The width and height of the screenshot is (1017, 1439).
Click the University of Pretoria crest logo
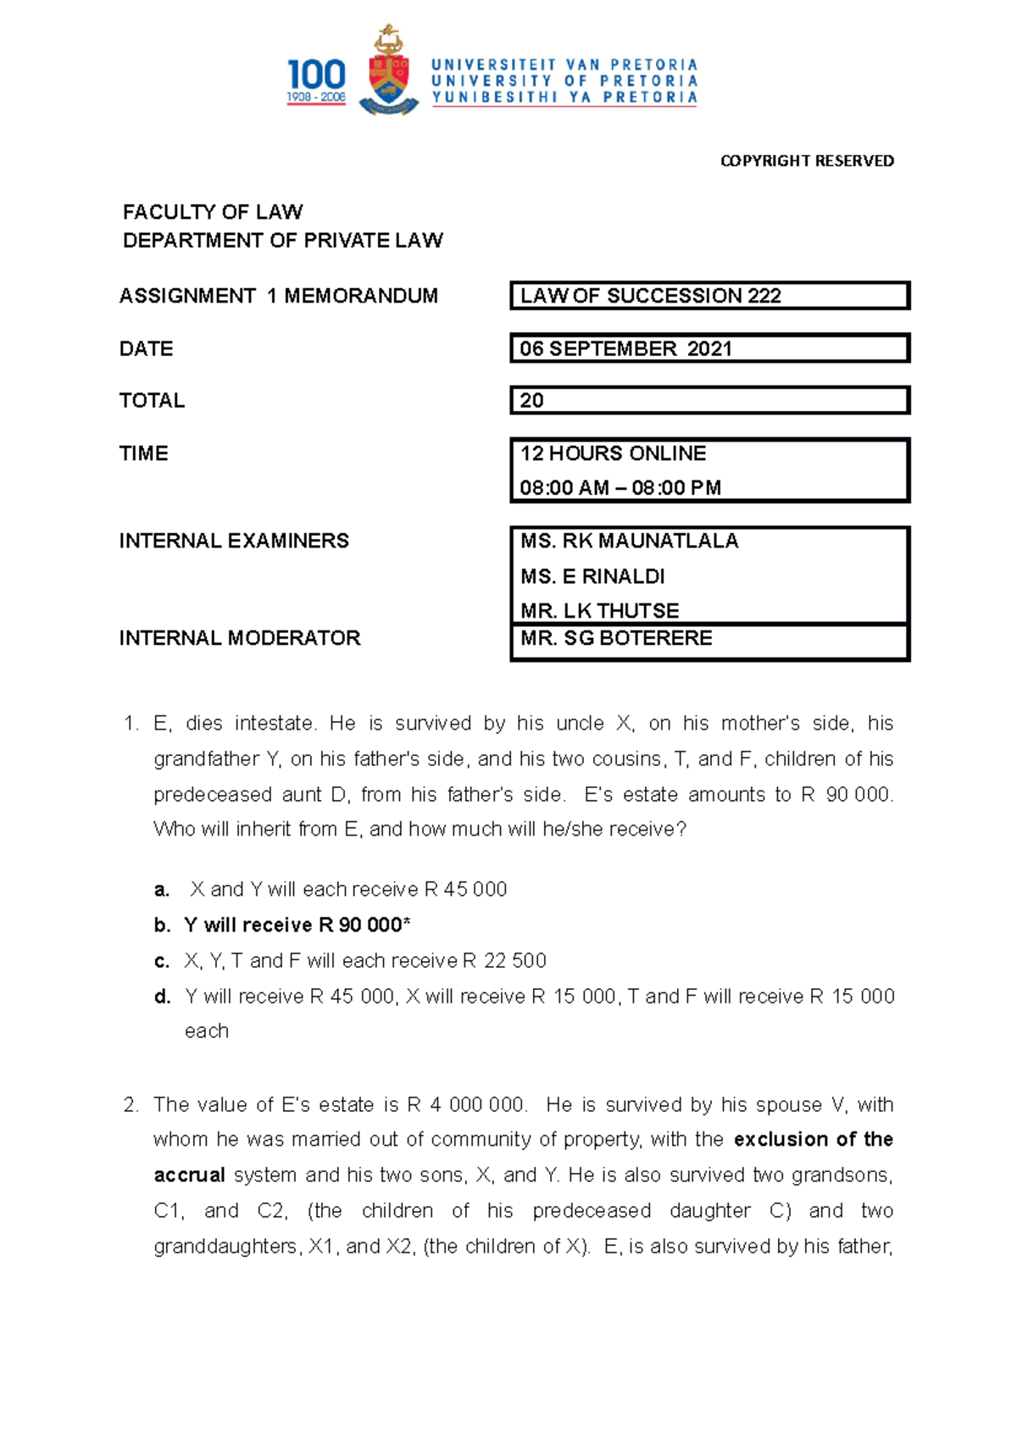(389, 72)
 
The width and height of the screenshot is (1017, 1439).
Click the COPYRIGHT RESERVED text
(807, 161)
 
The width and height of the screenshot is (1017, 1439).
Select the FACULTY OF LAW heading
(213, 212)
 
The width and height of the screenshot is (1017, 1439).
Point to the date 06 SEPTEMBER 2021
(625, 348)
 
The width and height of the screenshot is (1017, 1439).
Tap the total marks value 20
(532, 400)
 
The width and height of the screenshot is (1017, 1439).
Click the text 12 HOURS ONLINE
(613, 453)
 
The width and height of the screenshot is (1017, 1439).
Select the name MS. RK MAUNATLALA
(630, 541)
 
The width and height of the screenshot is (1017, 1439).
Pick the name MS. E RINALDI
(592, 576)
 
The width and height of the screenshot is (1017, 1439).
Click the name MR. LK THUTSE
(599, 611)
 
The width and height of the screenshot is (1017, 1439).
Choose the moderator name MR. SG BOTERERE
(616, 638)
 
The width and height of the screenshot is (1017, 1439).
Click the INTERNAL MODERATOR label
(240, 638)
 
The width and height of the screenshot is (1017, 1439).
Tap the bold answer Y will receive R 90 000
(297, 925)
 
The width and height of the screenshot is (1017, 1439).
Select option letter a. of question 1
(162, 890)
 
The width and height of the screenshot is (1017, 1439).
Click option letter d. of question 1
(163, 997)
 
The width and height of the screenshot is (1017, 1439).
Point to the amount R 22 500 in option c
(504, 960)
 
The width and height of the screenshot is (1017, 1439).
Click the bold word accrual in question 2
(189, 1175)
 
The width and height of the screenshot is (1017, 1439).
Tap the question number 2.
(131, 1105)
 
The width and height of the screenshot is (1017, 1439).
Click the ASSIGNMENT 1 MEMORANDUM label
(279, 296)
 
